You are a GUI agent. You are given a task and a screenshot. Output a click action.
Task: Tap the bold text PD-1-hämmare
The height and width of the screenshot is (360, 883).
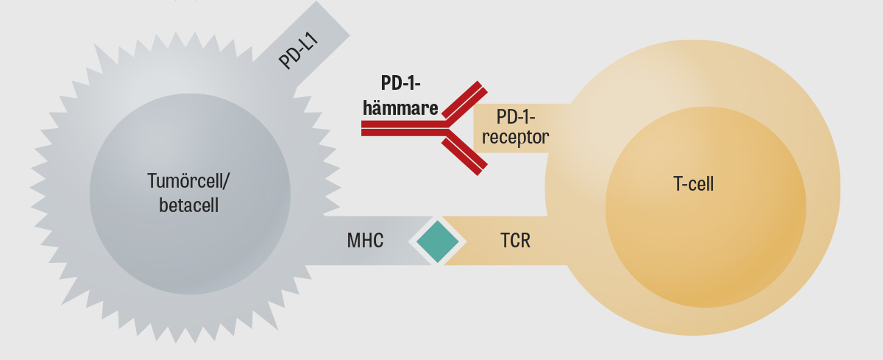pyautogui.click(x=400, y=96)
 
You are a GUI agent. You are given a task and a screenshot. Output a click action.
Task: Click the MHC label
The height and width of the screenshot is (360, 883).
pyautogui.click(x=365, y=240)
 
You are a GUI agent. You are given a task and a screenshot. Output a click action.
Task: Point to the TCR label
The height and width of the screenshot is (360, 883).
pyautogui.click(x=515, y=240)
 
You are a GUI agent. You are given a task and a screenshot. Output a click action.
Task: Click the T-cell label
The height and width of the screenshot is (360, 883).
pyautogui.click(x=693, y=184)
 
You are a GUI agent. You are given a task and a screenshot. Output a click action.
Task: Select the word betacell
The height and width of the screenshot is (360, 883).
pyautogui.click(x=189, y=205)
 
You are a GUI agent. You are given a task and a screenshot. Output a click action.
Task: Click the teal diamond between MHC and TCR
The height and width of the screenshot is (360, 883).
pyautogui.click(x=437, y=241)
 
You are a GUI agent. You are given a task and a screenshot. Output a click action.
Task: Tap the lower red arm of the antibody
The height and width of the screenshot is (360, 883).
pyautogui.click(x=464, y=154)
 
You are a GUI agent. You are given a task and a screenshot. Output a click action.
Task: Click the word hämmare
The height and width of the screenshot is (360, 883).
pyautogui.click(x=400, y=108)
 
